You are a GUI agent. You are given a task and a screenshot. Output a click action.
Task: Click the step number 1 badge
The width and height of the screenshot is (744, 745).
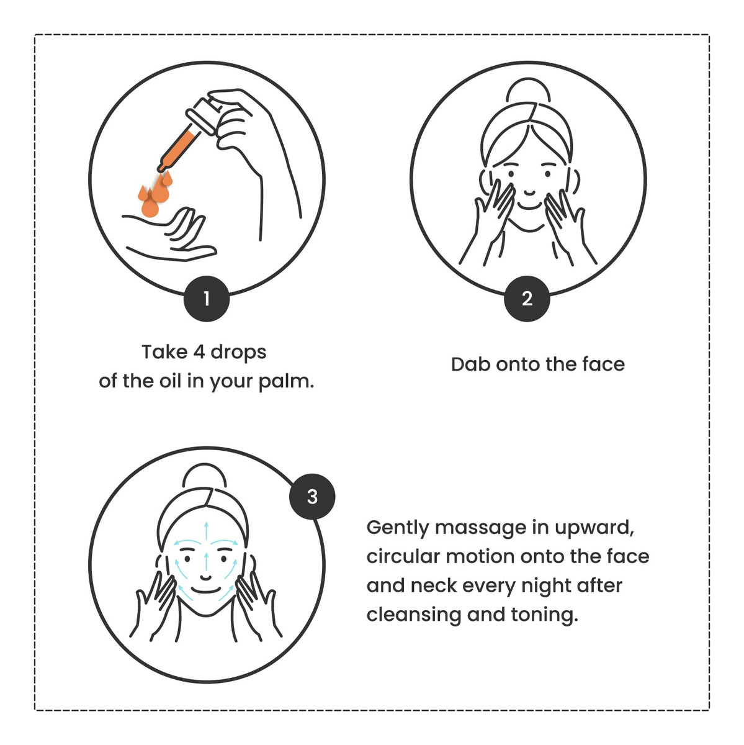tap(207, 299)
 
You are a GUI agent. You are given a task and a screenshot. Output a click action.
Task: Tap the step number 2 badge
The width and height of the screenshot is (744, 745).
tap(527, 299)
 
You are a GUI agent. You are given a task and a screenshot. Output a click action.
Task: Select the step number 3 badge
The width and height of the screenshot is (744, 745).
tap(312, 497)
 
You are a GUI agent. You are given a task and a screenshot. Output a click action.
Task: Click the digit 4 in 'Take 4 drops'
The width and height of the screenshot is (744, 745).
tap(199, 352)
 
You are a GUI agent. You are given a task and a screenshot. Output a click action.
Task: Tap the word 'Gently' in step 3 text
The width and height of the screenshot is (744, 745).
tap(398, 528)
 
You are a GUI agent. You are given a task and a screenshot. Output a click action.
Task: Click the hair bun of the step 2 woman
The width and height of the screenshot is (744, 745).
tap(528, 91)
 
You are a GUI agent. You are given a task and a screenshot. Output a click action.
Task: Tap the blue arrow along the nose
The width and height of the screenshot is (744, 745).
tap(207, 562)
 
